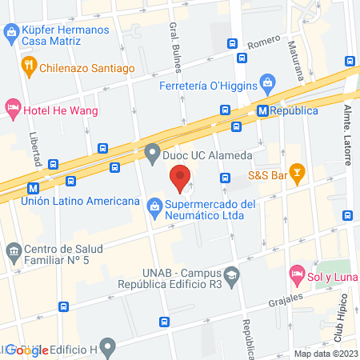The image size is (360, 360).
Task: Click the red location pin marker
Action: click(180, 176)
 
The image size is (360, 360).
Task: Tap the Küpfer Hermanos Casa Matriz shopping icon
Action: click(11, 32)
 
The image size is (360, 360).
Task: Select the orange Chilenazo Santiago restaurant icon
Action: click(30, 67)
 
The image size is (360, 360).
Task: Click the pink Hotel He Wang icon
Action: click(12, 106)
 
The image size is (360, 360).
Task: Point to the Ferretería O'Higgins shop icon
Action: click(267, 81)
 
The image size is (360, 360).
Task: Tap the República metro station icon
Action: click(262, 110)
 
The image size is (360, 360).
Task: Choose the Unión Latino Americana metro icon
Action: click(32, 189)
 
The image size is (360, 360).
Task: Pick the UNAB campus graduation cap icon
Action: click(230, 274)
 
